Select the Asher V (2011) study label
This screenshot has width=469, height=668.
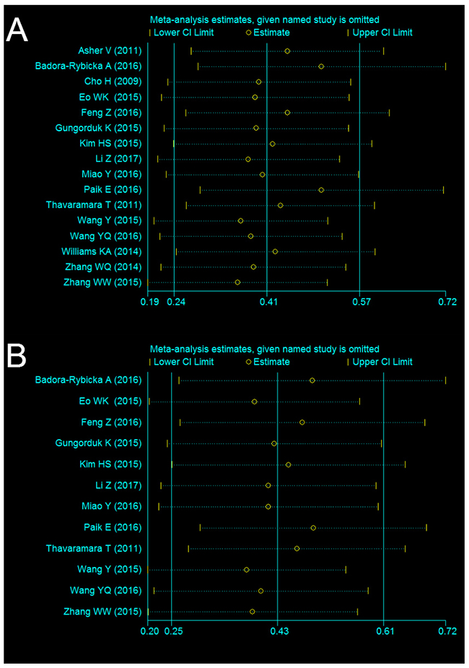pos(110,51)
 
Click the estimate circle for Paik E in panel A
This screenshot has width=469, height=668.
pos(321,189)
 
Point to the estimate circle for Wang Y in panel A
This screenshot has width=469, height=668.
pos(240,220)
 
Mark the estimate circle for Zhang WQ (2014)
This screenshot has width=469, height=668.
pos(253,266)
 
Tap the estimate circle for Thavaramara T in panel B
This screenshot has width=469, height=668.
pos(297,549)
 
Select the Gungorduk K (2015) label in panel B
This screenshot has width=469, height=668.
pos(99,443)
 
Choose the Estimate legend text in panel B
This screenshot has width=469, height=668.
pos(272,362)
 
